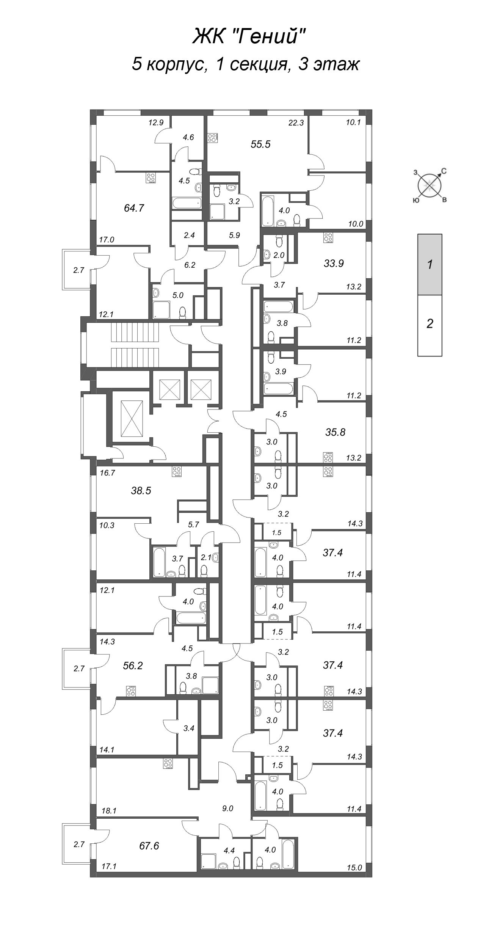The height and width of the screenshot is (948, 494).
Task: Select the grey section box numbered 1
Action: click(430, 264)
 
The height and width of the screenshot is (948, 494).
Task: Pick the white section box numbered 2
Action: click(430, 325)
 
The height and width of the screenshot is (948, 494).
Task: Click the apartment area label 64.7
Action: click(134, 208)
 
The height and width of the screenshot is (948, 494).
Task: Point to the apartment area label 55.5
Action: click(261, 144)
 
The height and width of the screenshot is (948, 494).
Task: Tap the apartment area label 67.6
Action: click(149, 846)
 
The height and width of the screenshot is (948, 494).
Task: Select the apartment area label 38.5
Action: click(141, 491)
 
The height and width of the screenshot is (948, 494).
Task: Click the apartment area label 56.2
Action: click(133, 666)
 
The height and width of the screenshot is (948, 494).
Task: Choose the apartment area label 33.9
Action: click(334, 263)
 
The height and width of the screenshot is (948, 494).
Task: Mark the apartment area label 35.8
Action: click(335, 432)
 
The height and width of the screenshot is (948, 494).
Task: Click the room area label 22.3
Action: click(296, 122)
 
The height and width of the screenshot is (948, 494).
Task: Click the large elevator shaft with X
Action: click(132, 418)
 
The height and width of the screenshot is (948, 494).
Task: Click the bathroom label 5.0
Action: click(178, 295)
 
